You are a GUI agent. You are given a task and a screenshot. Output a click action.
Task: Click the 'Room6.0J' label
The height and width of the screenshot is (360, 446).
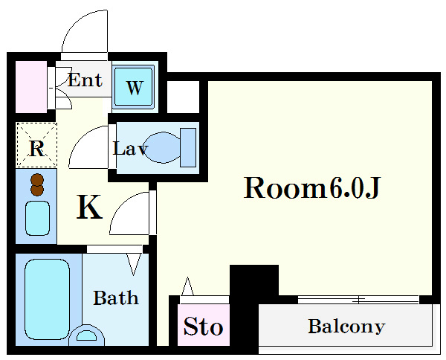(x=311, y=188)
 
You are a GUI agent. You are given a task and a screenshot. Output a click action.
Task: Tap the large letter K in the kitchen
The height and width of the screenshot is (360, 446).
(x=89, y=207)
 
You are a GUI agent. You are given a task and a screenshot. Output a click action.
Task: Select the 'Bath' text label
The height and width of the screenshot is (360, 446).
(x=116, y=298)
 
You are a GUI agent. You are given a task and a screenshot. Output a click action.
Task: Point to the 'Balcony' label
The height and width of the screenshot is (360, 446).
(x=346, y=327)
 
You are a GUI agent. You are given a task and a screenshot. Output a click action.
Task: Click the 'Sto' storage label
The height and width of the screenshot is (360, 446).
(x=203, y=326)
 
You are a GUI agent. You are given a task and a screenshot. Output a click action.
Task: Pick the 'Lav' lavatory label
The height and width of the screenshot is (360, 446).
(x=130, y=148)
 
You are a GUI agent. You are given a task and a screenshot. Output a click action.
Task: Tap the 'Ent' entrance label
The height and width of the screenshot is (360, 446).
(x=85, y=80)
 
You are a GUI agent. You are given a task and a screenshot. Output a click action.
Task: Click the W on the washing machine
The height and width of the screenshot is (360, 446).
(x=135, y=88)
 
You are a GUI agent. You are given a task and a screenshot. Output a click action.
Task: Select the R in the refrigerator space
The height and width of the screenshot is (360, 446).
(x=37, y=148)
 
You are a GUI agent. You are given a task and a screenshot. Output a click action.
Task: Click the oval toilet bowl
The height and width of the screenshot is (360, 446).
(x=162, y=147)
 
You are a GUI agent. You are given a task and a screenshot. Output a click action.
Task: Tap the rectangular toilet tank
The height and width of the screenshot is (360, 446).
(x=188, y=147)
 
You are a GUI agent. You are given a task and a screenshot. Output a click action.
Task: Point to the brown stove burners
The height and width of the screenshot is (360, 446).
(x=37, y=184)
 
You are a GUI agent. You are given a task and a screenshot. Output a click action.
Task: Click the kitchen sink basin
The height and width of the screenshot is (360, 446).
(x=37, y=218)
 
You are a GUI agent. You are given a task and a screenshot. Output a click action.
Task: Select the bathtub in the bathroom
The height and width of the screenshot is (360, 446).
(x=48, y=299)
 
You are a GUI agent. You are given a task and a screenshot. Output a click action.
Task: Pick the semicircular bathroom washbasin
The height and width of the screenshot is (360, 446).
(x=86, y=336)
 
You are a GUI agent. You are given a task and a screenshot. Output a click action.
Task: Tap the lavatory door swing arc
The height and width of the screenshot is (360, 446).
(x=80, y=137)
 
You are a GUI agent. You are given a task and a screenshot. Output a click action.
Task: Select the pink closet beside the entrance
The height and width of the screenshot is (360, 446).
(x=31, y=87)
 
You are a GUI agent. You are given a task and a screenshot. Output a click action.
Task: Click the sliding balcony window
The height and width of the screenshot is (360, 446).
(x=358, y=300)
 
